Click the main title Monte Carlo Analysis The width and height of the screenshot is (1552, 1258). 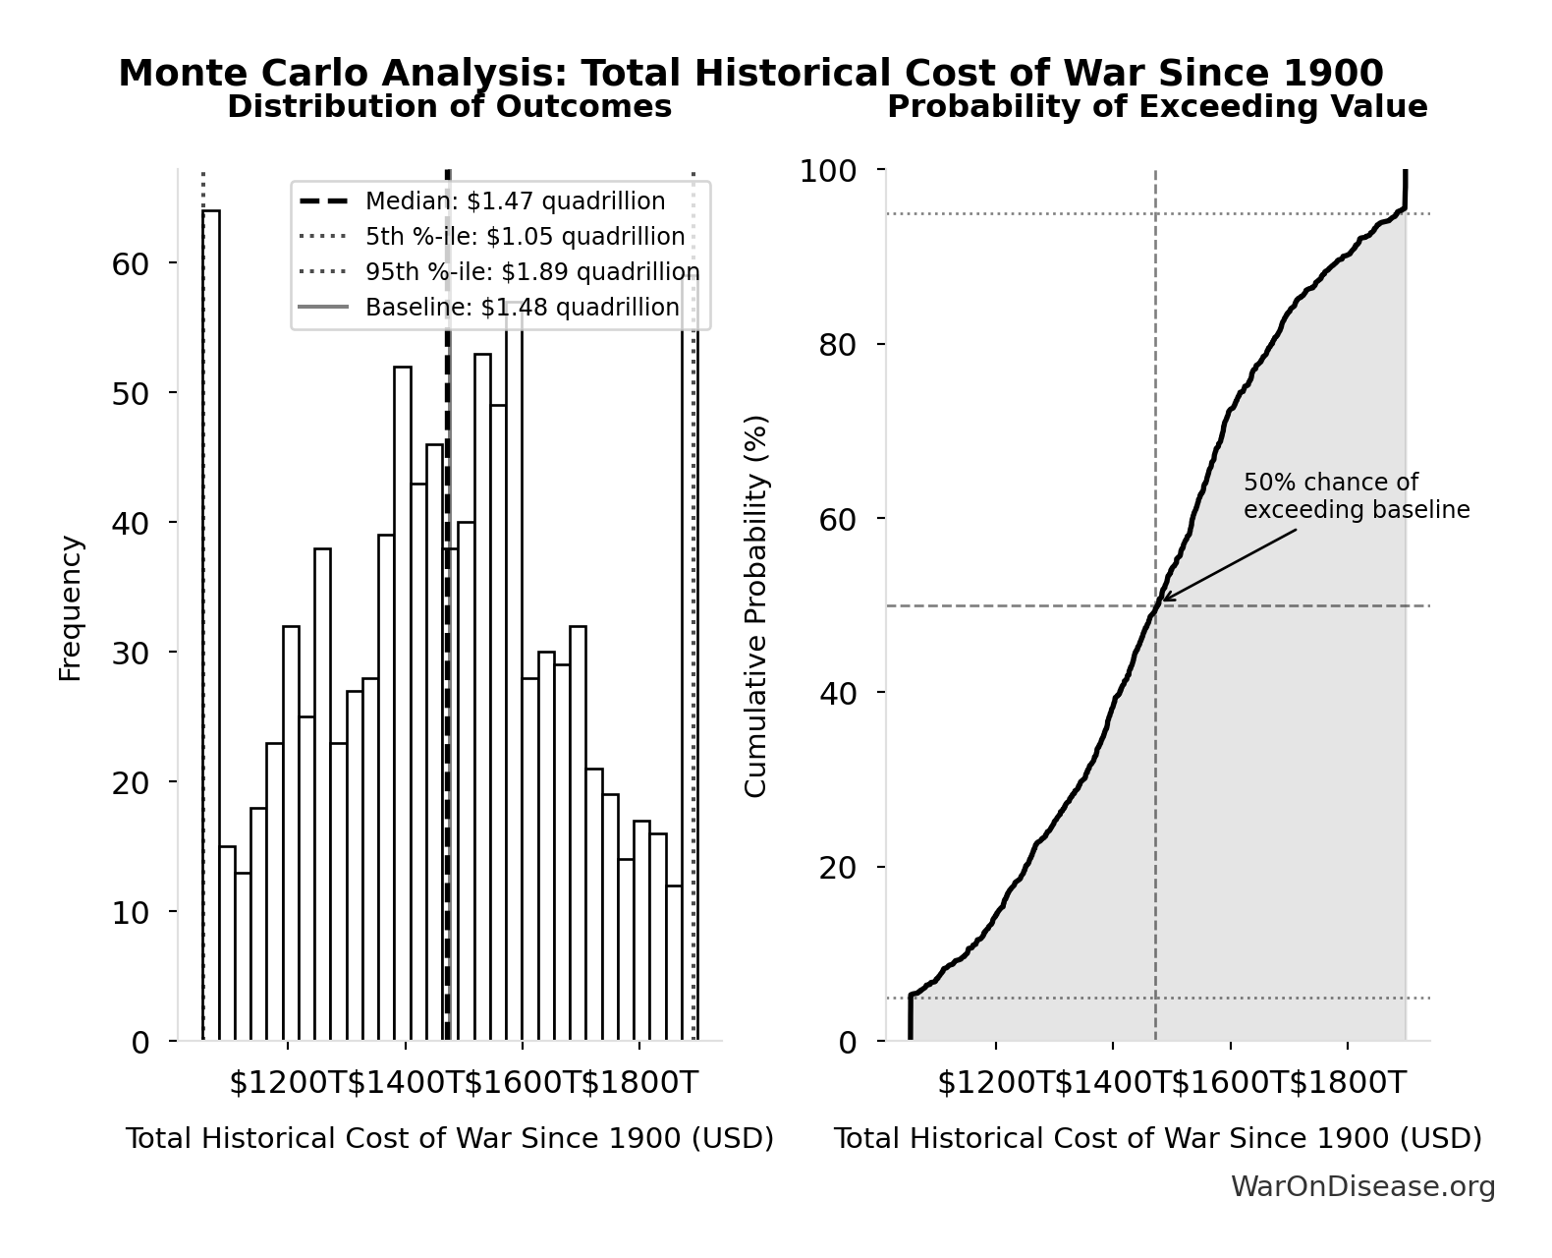click(750, 74)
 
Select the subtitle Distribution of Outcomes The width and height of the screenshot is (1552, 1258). click(449, 107)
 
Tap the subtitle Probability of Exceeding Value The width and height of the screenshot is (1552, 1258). click(1157, 107)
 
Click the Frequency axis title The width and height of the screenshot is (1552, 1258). click(70, 607)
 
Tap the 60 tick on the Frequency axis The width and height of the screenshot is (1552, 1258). click(130, 263)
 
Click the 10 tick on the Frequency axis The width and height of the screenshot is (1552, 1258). click(130, 912)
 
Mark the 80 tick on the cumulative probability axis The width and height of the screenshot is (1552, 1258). click(837, 345)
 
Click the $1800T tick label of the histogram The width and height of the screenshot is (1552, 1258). click(639, 1083)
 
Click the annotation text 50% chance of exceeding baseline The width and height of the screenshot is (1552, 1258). click(1357, 496)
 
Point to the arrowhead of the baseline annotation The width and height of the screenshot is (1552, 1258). click(1164, 599)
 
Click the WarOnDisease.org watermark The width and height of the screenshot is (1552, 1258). click(1362, 1187)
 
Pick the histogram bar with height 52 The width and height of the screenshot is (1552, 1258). click(403, 703)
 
